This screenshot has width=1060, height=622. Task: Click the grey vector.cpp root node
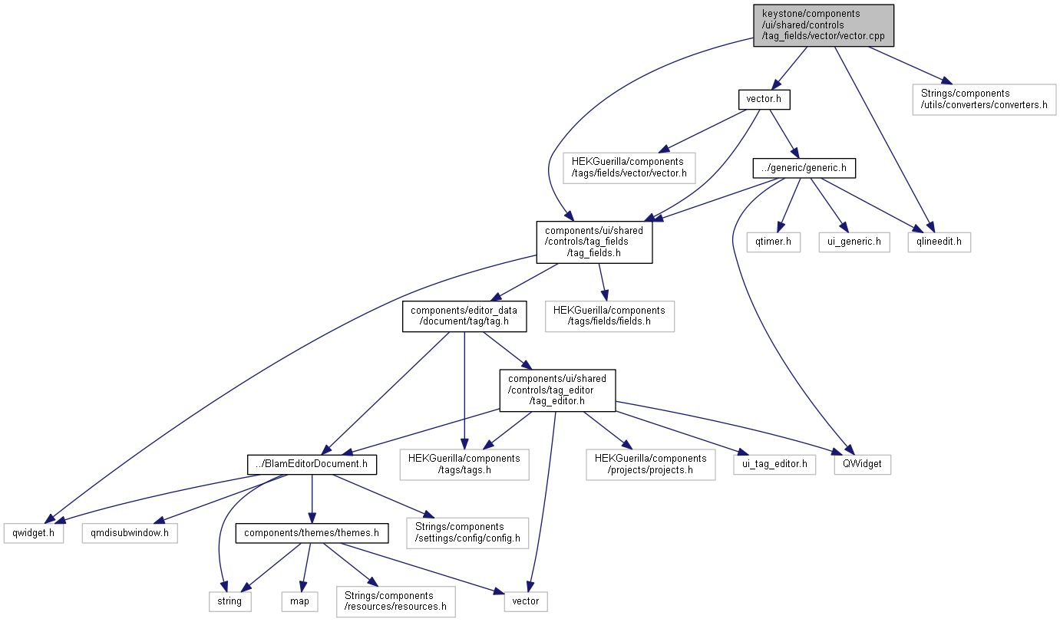[x=824, y=25]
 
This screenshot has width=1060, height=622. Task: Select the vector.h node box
[x=763, y=99]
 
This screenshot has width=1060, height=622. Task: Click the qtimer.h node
[x=774, y=242]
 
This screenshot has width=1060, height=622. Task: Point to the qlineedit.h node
[x=938, y=242]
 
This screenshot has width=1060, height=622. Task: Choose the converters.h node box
[x=984, y=99]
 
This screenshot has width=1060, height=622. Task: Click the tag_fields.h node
[x=594, y=242]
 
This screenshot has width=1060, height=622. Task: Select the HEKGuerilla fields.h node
[x=609, y=316]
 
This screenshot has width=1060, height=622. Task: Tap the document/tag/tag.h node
[x=464, y=316]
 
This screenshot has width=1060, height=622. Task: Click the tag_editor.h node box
[x=557, y=390]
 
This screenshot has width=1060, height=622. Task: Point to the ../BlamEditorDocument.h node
[x=312, y=463]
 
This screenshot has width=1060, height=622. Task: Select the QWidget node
[x=863, y=463]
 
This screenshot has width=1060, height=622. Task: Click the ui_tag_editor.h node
[x=774, y=463]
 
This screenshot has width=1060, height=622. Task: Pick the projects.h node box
[x=650, y=463]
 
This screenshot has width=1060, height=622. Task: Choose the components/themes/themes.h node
[x=311, y=532]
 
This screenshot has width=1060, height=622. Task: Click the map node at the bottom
[x=299, y=601]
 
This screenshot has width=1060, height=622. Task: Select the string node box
[x=230, y=601]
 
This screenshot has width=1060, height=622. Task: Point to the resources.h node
[x=395, y=601]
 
